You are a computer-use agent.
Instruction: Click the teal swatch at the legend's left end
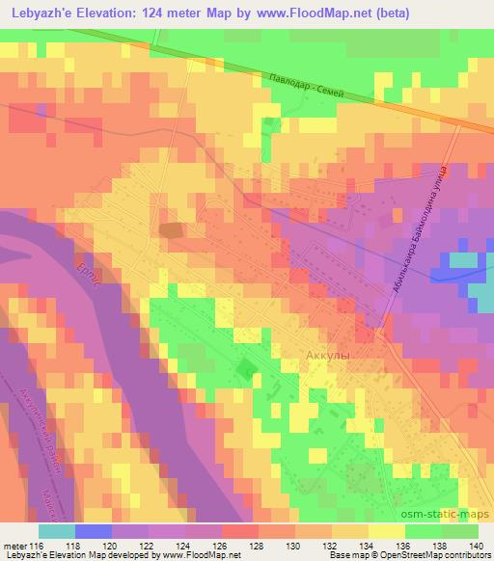[56, 530]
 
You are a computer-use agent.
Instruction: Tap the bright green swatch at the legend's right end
[458, 530]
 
